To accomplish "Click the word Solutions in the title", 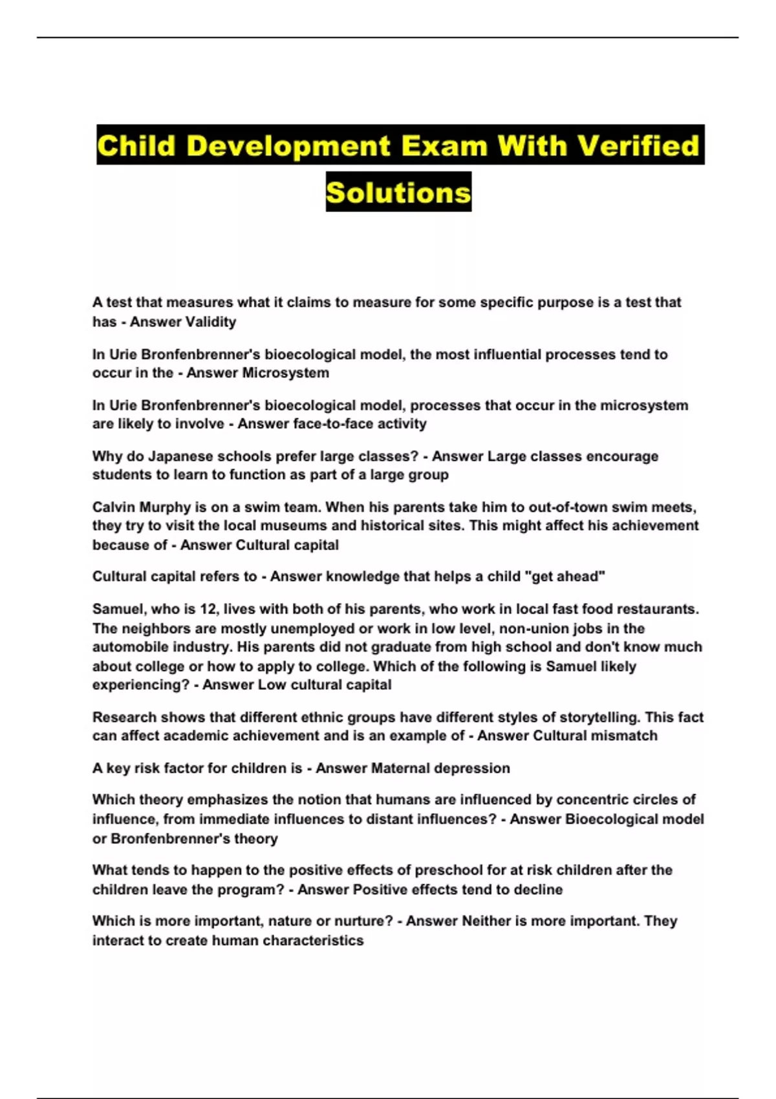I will pos(398,192).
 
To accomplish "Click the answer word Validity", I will pos(210,321).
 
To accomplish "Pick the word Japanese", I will pos(178,456).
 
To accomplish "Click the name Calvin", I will pos(114,507).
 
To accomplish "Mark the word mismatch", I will pos(627,736).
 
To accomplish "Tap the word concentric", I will pos(594,800).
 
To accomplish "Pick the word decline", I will pos(538,890).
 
